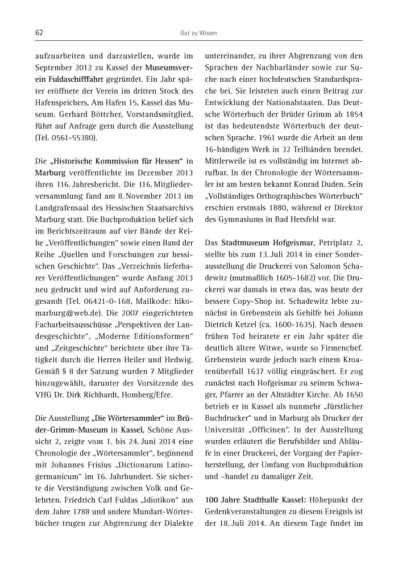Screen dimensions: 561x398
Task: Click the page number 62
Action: (x=39, y=33)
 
